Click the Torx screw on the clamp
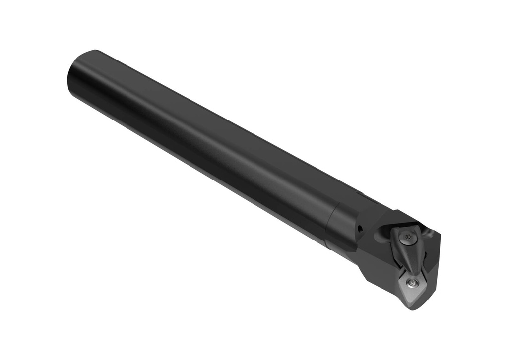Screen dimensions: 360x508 [x=408, y=237]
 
